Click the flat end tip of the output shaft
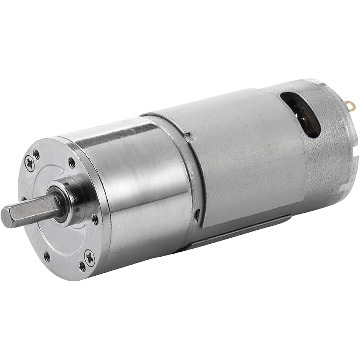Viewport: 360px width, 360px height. pyautogui.click(x=6, y=215)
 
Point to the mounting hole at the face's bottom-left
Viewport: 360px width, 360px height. pyautogui.click(x=46, y=256)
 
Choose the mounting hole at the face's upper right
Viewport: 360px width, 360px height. pyautogui.click(x=72, y=163)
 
